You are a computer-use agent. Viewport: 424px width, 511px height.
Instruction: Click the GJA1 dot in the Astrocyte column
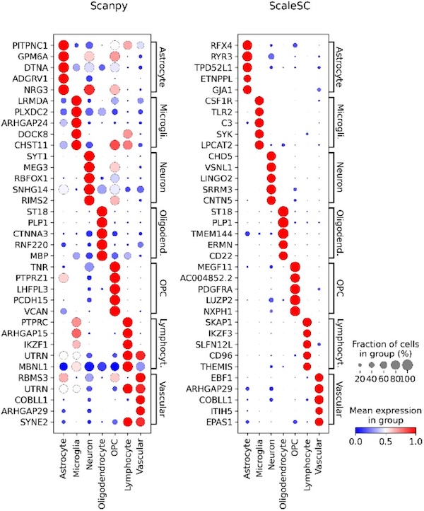(x=247, y=90)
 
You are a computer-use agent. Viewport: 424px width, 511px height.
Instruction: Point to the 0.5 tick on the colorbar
(x=387, y=440)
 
